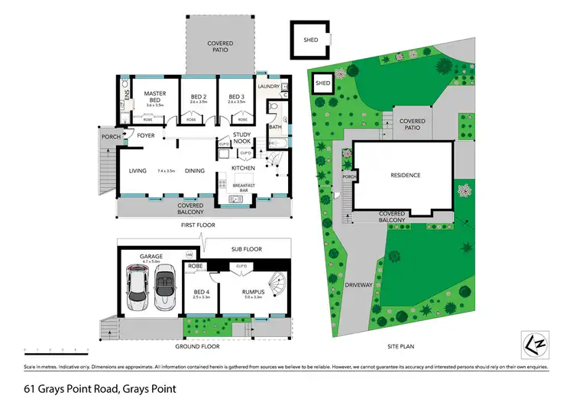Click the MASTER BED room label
155,96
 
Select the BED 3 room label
236,96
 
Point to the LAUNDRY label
270,86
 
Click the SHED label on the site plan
322,83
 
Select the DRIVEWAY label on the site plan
358,285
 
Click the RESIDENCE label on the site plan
405,175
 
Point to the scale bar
57,350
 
